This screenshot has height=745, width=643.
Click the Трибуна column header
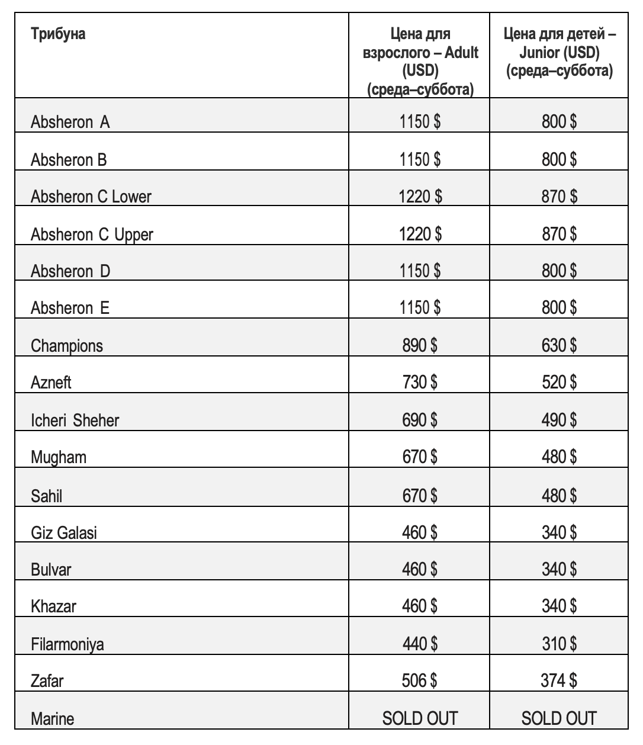pos(58,34)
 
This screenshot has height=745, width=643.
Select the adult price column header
pos(420,62)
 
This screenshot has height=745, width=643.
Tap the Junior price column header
pos(559,53)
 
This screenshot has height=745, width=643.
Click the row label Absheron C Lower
pos(91,197)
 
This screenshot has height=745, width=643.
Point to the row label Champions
pos(67,346)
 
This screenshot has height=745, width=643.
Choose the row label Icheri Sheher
pos(75,420)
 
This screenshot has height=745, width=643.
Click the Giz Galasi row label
pos(64,533)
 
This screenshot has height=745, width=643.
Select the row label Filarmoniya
pos(67,644)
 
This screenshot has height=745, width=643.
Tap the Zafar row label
pos(47,681)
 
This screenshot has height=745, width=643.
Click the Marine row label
pos(53,719)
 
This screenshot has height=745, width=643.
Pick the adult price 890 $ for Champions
pos(420,345)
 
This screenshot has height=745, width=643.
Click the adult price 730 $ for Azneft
pos(420,383)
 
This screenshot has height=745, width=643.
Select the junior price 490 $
pos(559,420)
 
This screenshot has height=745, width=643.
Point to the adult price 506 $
pos(420,680)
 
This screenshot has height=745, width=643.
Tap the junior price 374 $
pos(559,680)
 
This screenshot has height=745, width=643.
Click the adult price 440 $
pos(420,643)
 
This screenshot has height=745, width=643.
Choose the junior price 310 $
pos(559,643)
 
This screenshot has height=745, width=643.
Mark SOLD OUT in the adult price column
pos(420,718)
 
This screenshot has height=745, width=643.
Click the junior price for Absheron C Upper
pos(559,234)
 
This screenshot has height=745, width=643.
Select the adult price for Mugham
pos(420,457)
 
